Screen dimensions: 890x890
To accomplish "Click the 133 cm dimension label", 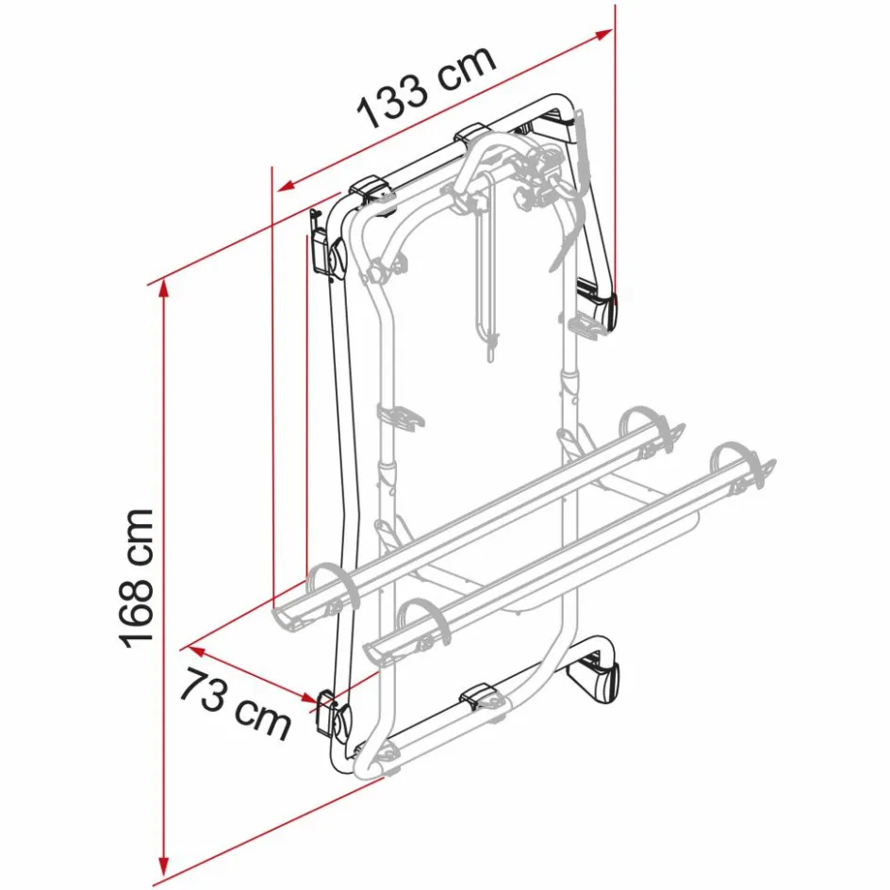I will [x=426, y=86].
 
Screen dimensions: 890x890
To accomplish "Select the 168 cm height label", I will [x=138, y=577].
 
